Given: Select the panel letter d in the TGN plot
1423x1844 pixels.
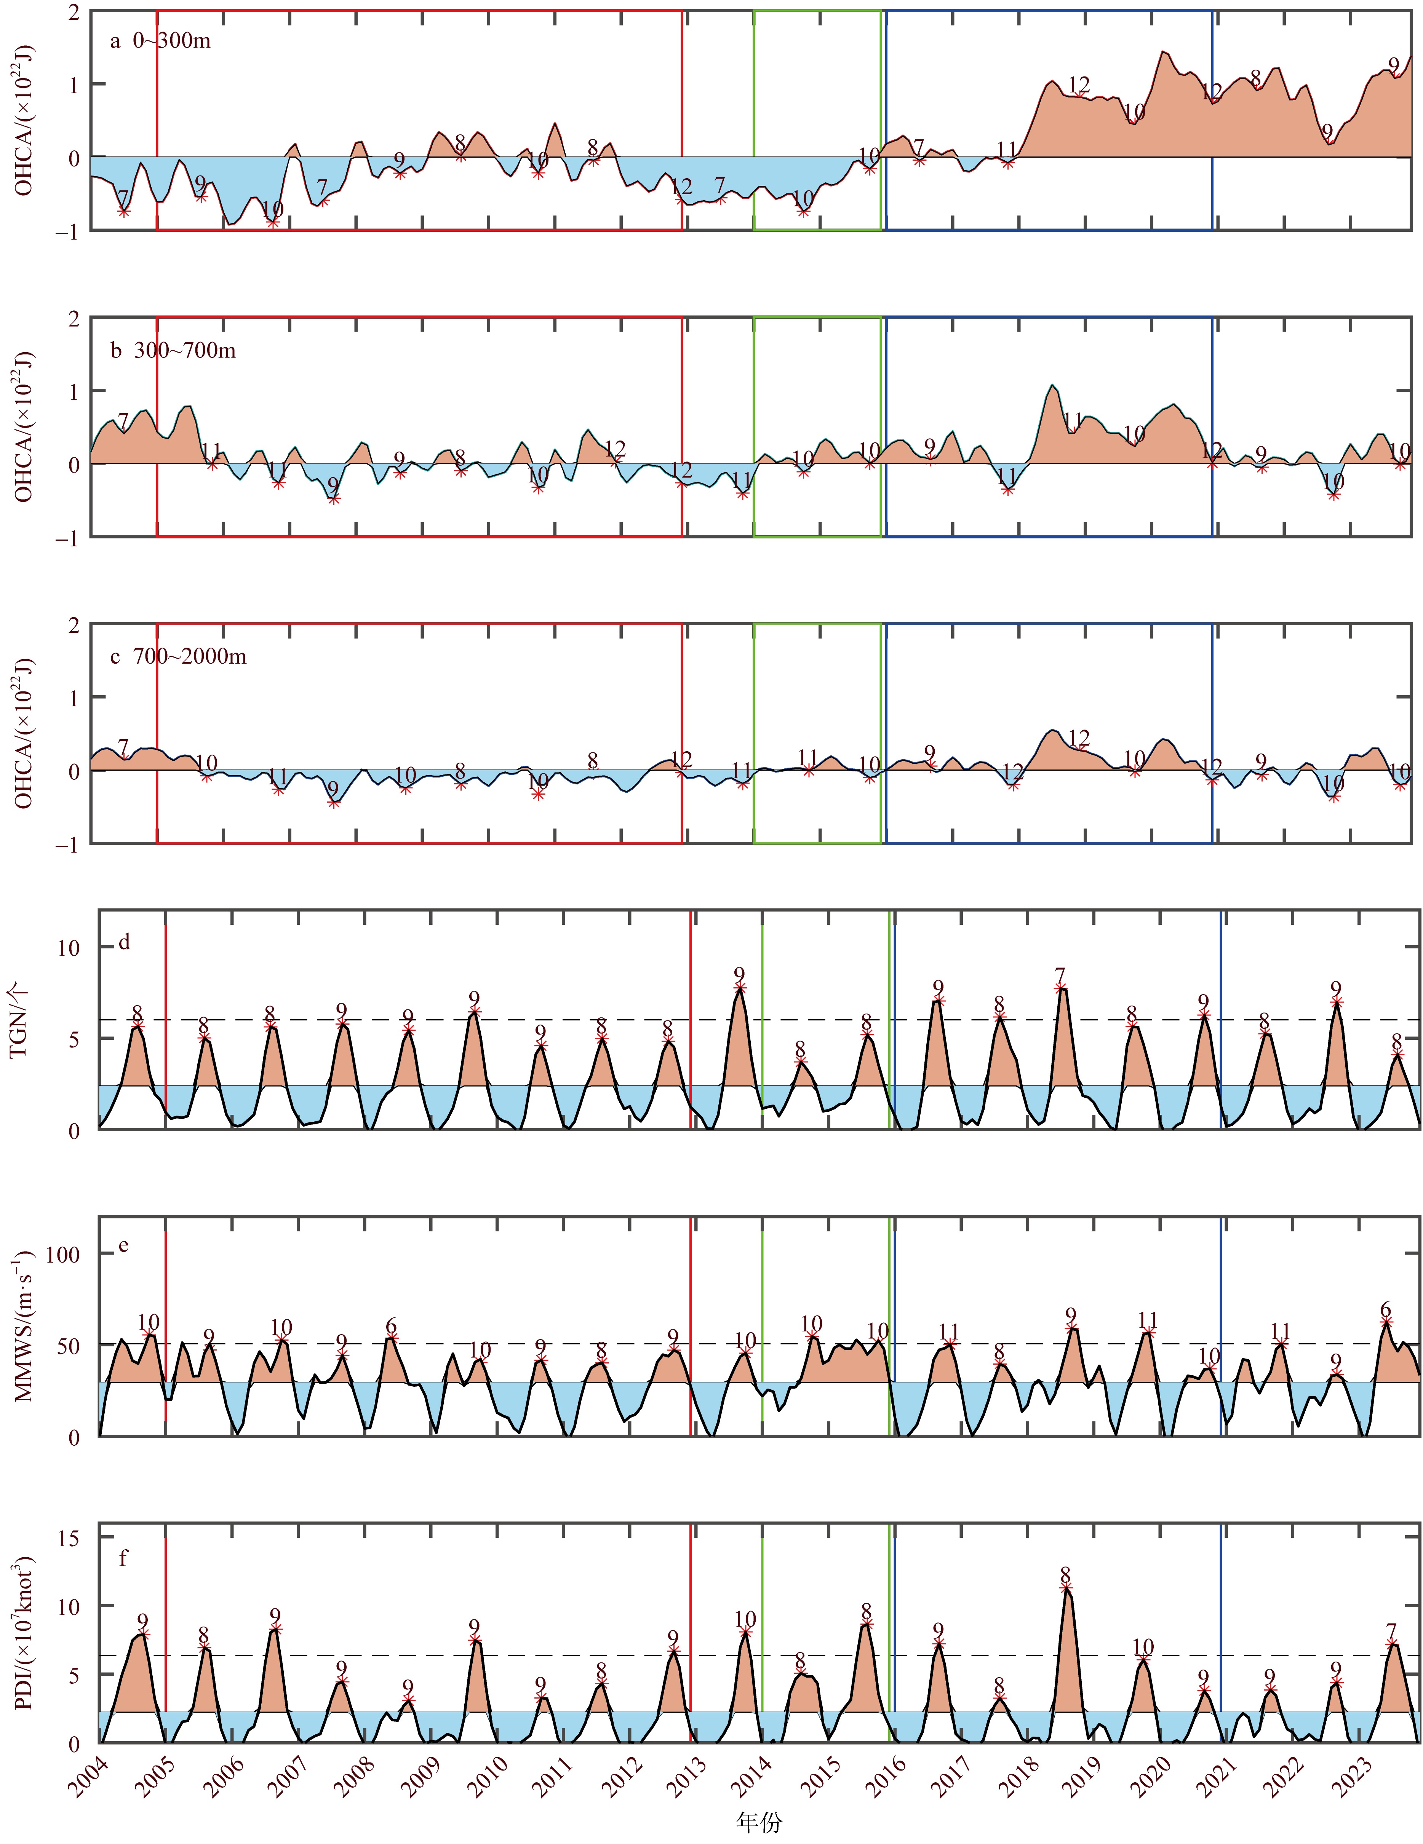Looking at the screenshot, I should [x=124, y=942].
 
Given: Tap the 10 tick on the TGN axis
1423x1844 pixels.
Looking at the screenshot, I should [x=69, y=947].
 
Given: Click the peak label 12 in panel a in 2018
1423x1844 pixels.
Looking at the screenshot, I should [x=1078, y=85].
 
